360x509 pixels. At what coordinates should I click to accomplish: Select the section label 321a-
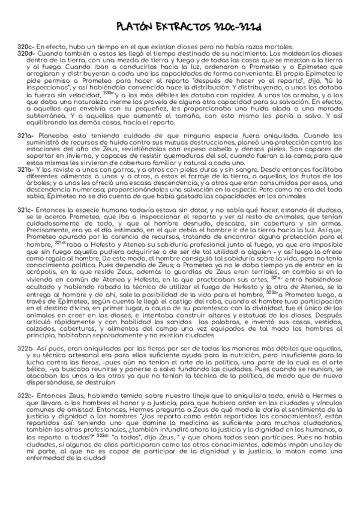26,136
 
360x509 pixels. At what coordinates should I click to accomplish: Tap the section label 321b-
26,171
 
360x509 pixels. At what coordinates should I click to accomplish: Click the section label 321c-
26,211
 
